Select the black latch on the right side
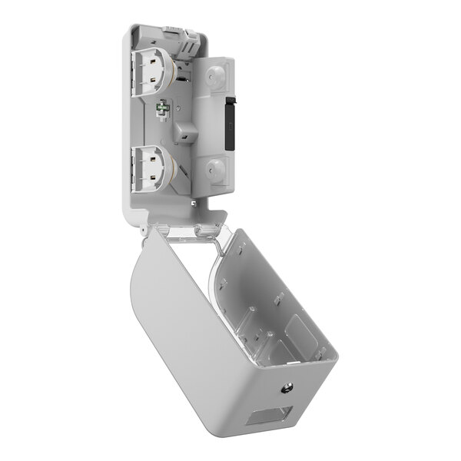(228, 124)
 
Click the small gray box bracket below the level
(185, 132)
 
